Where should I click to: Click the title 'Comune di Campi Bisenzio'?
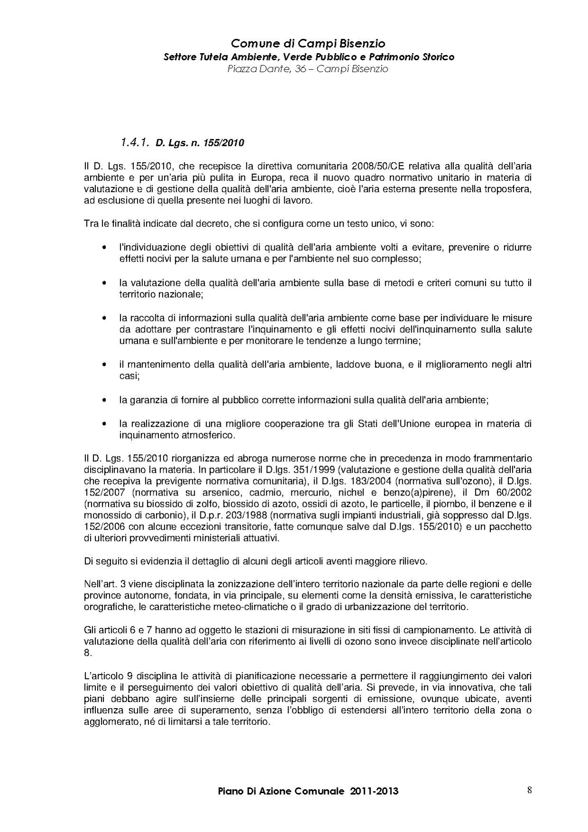[x=308, y=44]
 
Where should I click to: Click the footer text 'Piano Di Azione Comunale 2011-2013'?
[x=308, y=791]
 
